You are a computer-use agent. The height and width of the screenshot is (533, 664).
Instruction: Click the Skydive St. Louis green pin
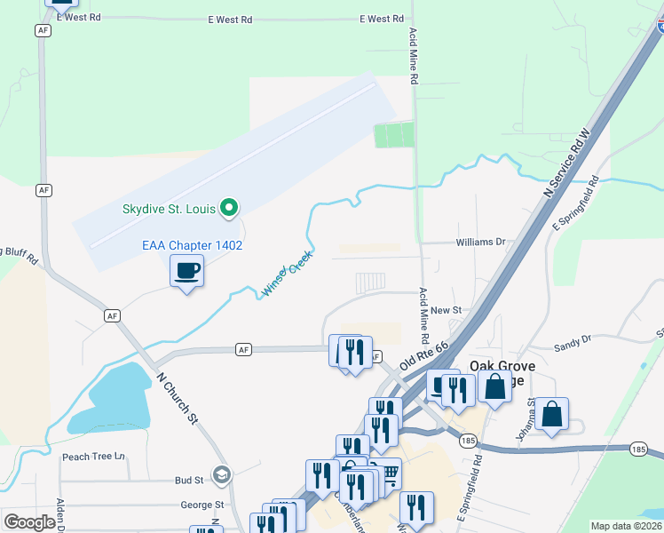(229, 209)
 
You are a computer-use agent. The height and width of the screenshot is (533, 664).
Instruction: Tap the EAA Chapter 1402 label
(193, 245)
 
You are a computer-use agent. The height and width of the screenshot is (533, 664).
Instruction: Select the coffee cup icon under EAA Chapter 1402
(187, 270)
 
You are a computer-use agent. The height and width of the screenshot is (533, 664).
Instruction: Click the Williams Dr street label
(480, 242)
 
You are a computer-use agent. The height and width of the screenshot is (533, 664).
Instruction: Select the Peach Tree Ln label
(92, 457)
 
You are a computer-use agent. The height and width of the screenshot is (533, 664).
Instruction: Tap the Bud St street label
(189, 480)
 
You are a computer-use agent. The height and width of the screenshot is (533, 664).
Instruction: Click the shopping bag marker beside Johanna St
(551, 414)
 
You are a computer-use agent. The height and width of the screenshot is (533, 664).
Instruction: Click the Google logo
(29, 522)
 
